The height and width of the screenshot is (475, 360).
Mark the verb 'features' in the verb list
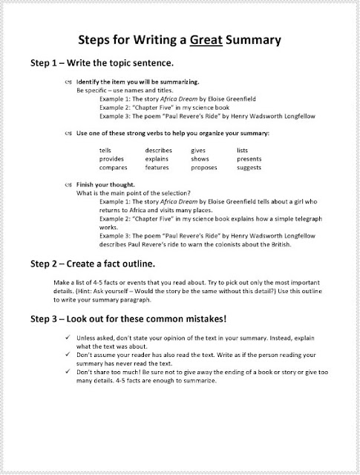click(x=157, y=167)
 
